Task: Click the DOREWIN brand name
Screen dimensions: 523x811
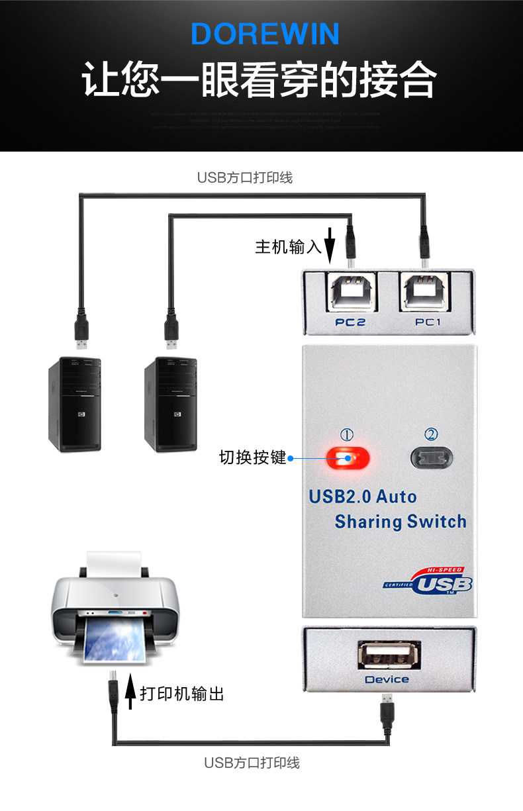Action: click(x=265, y=34)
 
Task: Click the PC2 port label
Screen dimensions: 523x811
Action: click(x=350, y=322)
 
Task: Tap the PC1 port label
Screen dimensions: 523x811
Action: click(x=428, y=322)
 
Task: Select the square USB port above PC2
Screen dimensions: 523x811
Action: click(x=350, y=292)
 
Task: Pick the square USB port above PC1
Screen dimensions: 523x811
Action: click(x=427, y=292)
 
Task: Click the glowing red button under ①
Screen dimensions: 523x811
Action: click(x=348, y=457)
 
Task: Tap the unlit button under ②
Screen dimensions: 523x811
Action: click(x=432, y=457)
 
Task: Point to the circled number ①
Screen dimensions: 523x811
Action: click(x=347, y=434)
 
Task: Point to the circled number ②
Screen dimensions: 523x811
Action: click(x=432, y=434)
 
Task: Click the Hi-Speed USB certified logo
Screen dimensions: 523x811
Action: click(x=428, y=581)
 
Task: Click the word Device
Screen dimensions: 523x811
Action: click(x=387, y=679)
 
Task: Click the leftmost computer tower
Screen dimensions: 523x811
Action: click(x=74, y=404)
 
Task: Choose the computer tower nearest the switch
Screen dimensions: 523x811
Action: click(x=171, y=404)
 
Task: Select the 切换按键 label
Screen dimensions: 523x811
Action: click(x=252, y=457)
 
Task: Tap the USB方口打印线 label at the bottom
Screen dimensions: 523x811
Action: click(x=252, y=763)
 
